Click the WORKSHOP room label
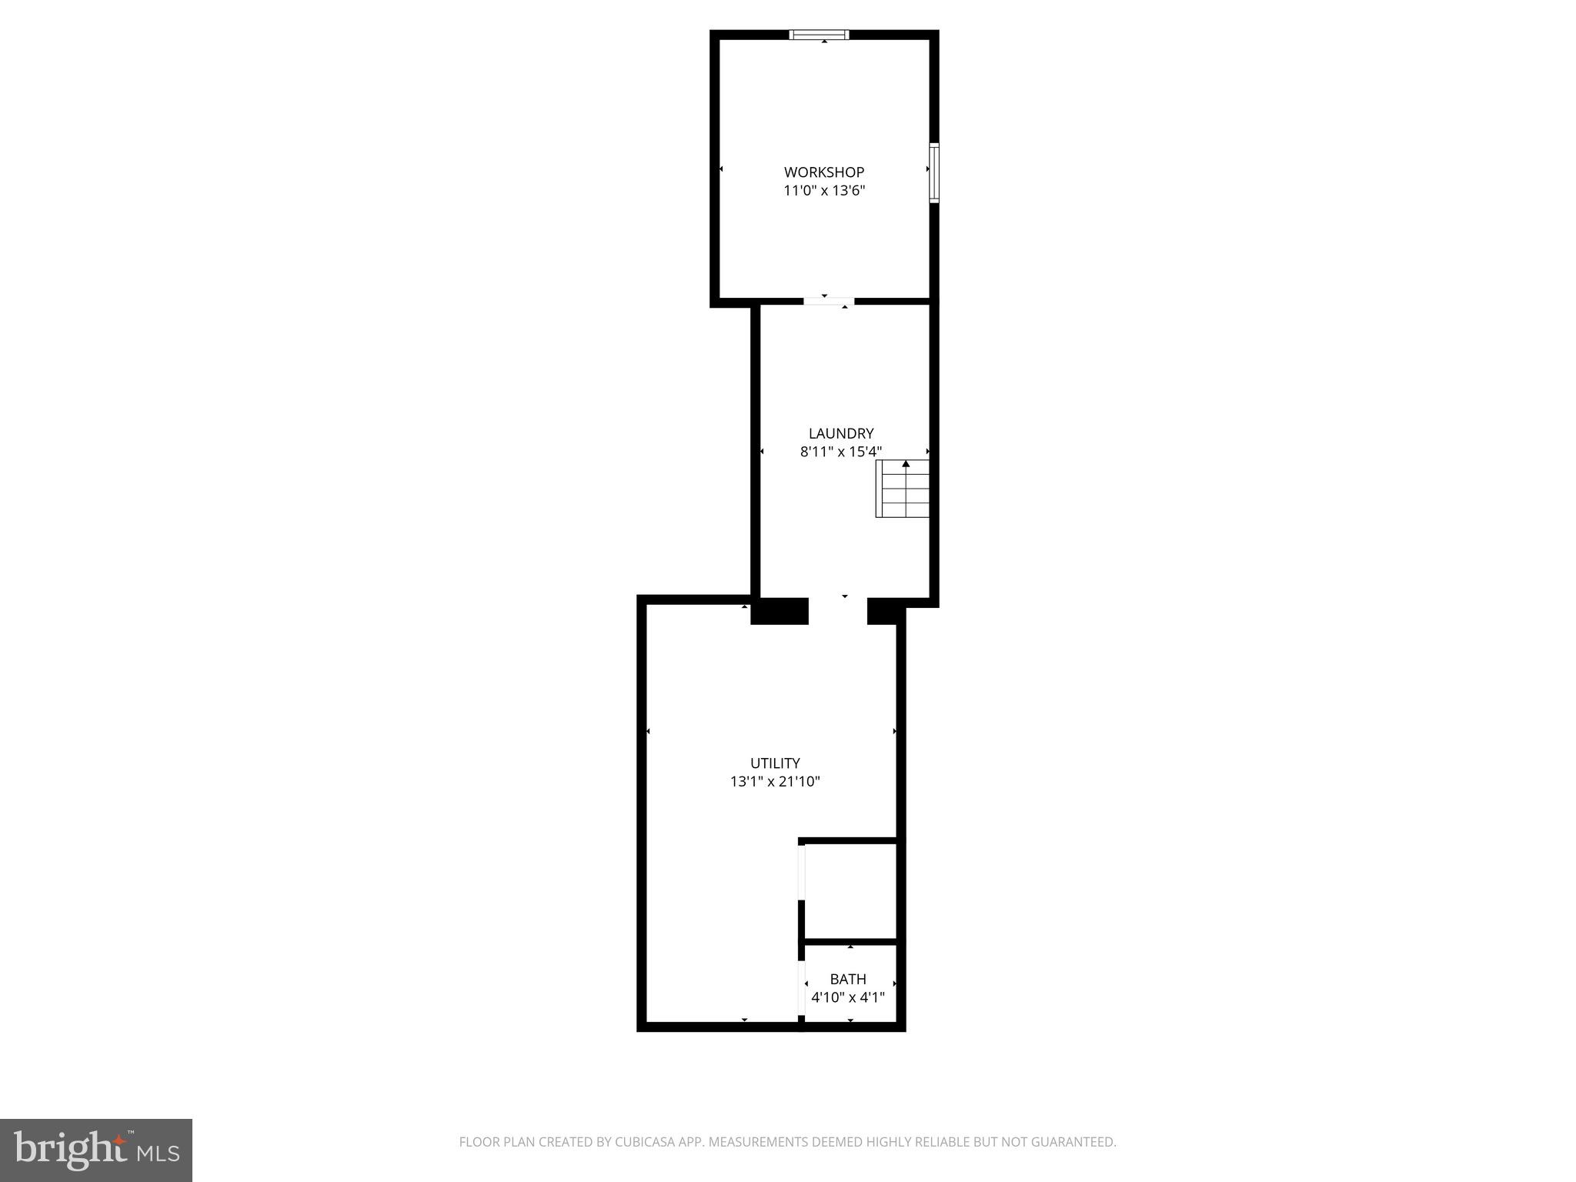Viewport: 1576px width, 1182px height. coord(823,172)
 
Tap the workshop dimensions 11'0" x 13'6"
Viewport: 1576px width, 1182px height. coord(823,191)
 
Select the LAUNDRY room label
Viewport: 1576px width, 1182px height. coord(840,433)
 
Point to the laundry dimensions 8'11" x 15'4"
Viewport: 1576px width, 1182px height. coord(840,452)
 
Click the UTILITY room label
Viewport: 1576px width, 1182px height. coord(775,763)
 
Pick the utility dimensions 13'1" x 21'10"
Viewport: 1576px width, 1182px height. coord(775,782)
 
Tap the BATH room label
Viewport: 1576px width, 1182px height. coord(848,979)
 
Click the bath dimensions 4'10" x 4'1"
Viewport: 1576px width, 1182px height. coord(848,998)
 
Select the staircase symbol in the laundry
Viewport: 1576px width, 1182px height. coord(903,489)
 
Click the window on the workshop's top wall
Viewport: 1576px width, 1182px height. coord(820,35)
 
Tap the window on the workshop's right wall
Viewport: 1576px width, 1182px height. coord(934,172)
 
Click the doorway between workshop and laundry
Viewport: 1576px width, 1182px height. coord(829,301)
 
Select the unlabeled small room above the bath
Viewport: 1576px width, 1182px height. coord(850,891)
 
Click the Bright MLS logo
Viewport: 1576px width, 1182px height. coord(96,1150)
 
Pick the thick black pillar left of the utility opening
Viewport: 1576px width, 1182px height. coord(780,611)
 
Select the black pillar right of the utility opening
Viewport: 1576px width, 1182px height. coord(883,611)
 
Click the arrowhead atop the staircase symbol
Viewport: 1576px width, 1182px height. coord(906,464)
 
